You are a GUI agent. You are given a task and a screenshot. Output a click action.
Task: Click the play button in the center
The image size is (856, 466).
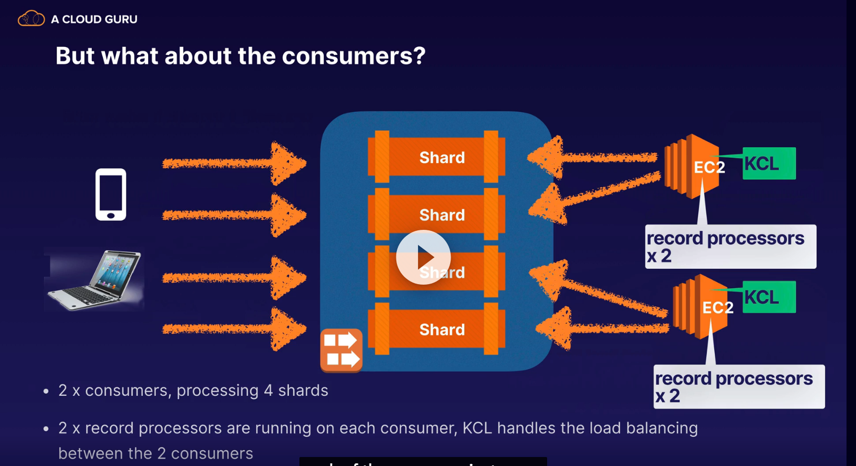coord(423,257)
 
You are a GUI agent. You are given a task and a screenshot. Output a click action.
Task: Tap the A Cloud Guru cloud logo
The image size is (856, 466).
coord(31,19)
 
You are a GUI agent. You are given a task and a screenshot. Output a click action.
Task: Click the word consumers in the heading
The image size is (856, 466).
coord(353,56)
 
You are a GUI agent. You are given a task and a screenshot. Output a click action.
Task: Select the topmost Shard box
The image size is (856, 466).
coord(436,157)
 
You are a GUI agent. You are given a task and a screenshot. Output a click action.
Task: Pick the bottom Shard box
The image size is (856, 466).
coord(436,329)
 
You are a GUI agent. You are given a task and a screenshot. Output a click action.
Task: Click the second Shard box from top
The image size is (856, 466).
coord(436,215)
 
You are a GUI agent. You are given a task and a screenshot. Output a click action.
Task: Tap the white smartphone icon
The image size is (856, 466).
coord(111,194)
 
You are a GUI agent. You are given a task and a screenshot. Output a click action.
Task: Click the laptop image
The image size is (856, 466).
coord(95,279)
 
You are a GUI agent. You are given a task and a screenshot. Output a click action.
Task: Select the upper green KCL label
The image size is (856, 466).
coord(769,163)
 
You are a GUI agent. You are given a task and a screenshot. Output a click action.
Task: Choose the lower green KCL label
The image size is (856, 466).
coord(769,297)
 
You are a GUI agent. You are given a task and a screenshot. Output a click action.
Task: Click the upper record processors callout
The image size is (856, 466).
coord(730,247)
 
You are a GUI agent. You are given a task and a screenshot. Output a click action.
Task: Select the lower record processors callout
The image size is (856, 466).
coord(738,386)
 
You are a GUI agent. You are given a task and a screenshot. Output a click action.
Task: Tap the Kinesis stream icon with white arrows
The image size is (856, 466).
coord(341,350)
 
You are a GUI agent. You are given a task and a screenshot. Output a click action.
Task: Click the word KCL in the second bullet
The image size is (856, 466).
coord(477,428)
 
